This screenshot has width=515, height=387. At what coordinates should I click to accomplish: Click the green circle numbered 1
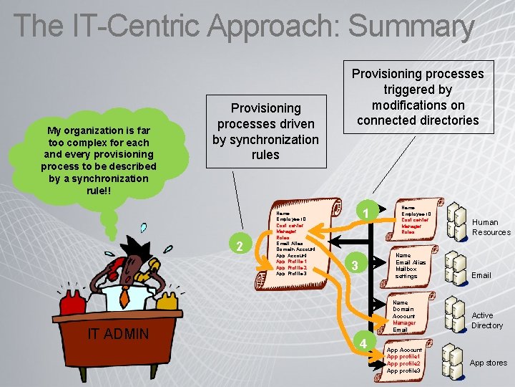point(365,214)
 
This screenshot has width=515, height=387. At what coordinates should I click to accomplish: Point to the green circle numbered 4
point(363,344)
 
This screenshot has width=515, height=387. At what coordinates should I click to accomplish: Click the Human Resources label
point(491,227)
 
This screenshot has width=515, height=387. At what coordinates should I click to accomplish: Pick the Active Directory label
point(486,320)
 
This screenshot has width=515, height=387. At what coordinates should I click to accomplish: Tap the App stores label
point(488,363)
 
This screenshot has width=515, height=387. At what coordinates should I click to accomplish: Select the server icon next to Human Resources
point(456,221)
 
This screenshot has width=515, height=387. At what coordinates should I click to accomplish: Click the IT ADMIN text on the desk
point(118,333)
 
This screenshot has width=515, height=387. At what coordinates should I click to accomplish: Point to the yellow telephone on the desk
point(166,297)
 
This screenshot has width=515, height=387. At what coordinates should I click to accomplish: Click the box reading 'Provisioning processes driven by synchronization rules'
point(265,131)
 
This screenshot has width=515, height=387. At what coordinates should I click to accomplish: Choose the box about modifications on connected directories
point(418,97)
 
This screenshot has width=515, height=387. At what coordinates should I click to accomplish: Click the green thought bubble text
point(98,161)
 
